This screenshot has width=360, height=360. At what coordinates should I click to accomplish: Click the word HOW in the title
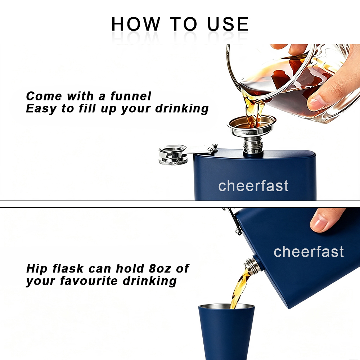point(136,24)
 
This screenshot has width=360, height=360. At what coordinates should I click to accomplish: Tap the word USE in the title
point(228,24)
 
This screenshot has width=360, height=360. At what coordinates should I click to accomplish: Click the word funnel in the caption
point(131,96)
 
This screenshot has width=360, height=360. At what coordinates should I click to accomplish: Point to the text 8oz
point(160,269)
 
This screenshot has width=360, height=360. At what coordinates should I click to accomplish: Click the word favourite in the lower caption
point(89,281)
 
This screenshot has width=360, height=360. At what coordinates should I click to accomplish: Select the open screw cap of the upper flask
point(173,154)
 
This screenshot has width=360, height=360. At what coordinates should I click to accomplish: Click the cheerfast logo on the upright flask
point(253,186)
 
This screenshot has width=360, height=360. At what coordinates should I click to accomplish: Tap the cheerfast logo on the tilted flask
point(309,252)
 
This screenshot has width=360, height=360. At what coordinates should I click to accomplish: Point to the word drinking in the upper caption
point(182,109)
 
